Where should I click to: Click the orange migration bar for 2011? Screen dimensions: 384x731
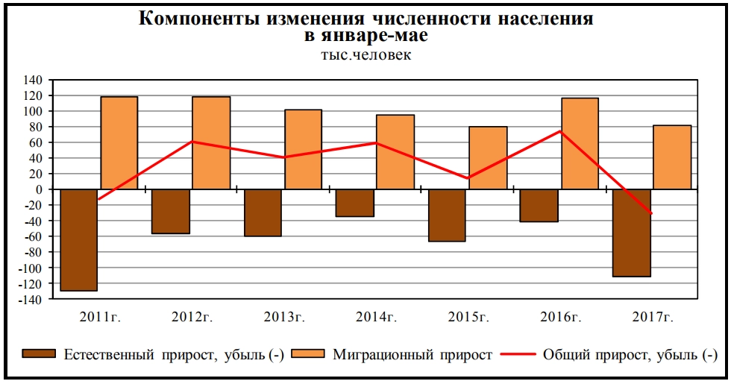click(119, 142)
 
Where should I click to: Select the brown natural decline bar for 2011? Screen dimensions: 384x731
click(79, 239)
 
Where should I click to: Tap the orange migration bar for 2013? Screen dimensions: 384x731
click(303, 149)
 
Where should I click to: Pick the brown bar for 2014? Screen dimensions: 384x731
click(355, 203)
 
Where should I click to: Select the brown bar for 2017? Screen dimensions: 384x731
click(631, 233)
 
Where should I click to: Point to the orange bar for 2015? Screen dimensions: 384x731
click(488, 157)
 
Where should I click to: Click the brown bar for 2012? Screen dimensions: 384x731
click(171, 211)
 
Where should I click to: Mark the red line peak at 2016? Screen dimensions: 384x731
click(560, 131)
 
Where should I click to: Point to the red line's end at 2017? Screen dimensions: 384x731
click(651, 213)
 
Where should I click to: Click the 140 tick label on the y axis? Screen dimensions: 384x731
click(34, 80)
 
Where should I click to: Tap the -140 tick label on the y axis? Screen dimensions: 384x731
click(32, 299)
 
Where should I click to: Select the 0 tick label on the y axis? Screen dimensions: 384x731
click(41, 189)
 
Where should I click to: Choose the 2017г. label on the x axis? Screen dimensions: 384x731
click(653, 317)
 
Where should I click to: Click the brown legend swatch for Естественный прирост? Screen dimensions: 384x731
click(38, 355)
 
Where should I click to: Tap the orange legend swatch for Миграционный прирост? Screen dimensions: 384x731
click(308, 355)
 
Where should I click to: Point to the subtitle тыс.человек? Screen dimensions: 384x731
click(365, 54)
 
